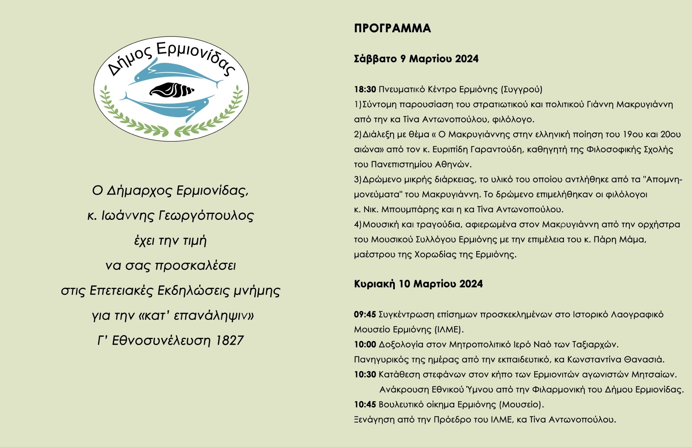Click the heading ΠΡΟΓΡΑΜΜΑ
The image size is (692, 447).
coord(392,28)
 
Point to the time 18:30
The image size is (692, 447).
coord(365,89)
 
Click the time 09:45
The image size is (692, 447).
coord(365,315)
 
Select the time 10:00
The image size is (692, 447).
coord(365,345)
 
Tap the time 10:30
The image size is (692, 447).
coord(365,375)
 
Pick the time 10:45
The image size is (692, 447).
coord(365,404)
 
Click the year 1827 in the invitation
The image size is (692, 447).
coord(229,341)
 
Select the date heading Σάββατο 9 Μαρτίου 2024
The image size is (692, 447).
coord(416,59)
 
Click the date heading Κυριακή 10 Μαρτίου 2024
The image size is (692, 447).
coord(418,284)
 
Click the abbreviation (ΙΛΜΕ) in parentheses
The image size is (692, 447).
coord(449,330)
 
